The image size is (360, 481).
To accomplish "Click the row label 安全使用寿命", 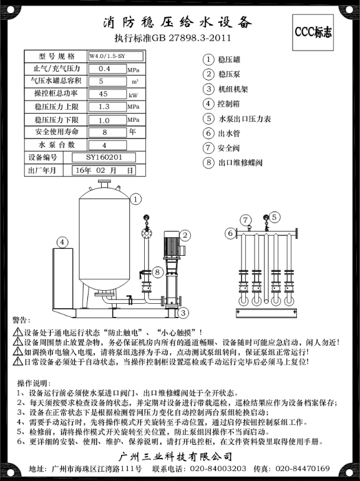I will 48,132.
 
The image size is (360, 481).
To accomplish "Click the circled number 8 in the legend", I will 208,163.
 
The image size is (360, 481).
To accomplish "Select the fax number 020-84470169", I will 303,468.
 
